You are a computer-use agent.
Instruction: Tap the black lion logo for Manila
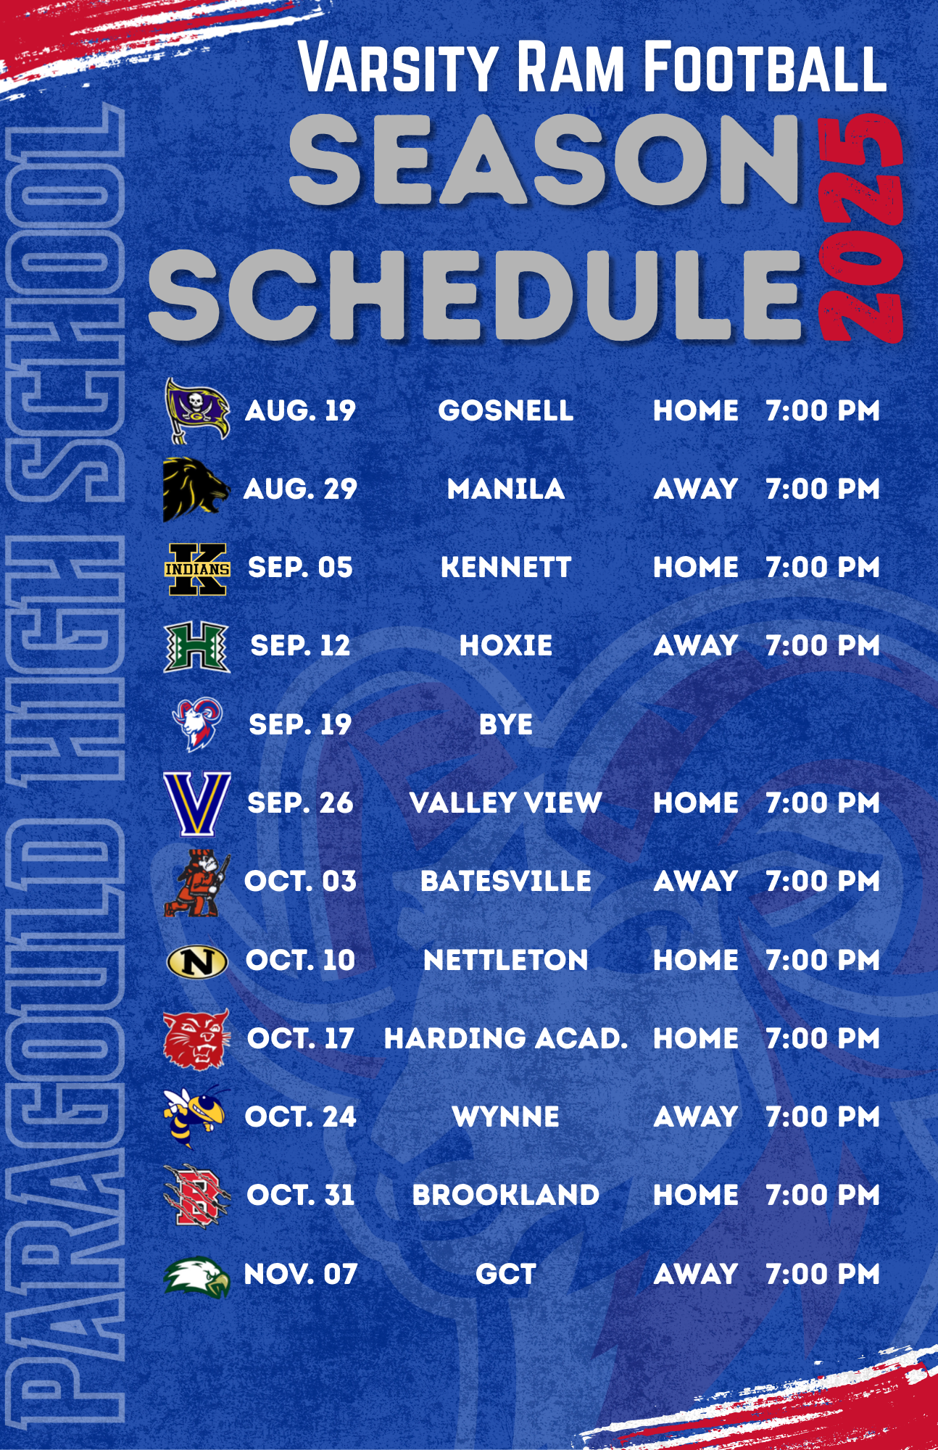[x=196, y=489]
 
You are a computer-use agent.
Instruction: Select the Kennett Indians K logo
[x=197, y=569]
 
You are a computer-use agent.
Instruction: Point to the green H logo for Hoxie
[x=197, y=647]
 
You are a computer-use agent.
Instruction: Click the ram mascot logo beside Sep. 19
[x=196, y=724]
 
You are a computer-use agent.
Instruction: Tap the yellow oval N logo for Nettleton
[x=197, y=962]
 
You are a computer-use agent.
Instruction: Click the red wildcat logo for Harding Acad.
[x=196, y=1040]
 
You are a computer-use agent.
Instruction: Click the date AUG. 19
[x=300, y=411]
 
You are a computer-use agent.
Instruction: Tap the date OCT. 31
[x=301, y=1196]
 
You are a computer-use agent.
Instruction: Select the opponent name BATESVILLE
[x=506, y=882]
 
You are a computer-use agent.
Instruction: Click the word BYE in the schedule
[x=506, y=725]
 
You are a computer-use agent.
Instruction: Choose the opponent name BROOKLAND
[x=506, y=1196]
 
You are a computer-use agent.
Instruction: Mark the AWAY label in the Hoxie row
[x=696, y=646]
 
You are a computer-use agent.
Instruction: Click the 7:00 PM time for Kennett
[x=823, y=568]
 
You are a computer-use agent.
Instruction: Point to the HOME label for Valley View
[x=696, y=803]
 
